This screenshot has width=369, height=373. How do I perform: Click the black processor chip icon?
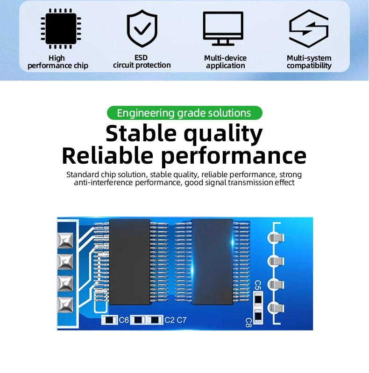click(61, 28)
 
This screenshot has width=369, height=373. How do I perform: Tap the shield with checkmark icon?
click(142, 28)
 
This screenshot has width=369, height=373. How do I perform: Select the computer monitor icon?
click(223, 28)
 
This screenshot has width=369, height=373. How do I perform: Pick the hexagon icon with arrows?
click(309, 28)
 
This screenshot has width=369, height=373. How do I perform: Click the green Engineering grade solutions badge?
click(184, 113)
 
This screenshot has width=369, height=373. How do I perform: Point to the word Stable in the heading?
click(141, 133)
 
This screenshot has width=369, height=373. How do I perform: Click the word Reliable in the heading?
click(107, 156)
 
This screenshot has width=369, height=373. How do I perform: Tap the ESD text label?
click(141, 57)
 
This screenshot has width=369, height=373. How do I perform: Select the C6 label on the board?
click(124, 320)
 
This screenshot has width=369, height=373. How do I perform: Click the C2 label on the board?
click(170, 320)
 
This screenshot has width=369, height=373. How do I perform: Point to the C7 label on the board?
click(182, 320)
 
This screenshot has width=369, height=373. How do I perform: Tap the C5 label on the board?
click(258, 285)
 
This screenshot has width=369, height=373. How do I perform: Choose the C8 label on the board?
click(248, 323)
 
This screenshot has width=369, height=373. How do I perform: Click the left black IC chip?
click(130, 262)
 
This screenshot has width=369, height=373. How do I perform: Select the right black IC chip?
click(212, 262)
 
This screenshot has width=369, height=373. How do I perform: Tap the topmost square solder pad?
click(65, 241)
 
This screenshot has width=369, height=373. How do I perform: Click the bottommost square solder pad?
click(65, 305)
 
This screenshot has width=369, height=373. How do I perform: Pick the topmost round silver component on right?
click(276, 237)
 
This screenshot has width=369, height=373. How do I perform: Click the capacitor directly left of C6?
click(109, 320)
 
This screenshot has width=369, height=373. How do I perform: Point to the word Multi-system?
click(309, 58)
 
